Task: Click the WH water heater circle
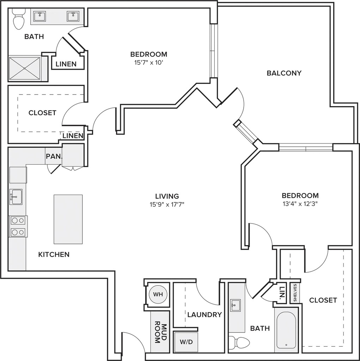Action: click(158, 294)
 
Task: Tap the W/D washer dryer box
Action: click(186, 342)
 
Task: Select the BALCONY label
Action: click(284, 73)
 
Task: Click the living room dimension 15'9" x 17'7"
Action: click(167, 204)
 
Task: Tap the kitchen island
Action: click(68, 219)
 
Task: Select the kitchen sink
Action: click(16, 197)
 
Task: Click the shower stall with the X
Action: click(25, 68)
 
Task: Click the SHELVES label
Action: click(295, 293)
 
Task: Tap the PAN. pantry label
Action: click(54, 156)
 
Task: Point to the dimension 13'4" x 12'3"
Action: click(300, 204)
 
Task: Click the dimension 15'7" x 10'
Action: click(149, 63)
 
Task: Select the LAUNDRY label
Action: click(205, 314)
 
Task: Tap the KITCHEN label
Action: click(54, 255)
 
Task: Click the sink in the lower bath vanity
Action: click(235, 305)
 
